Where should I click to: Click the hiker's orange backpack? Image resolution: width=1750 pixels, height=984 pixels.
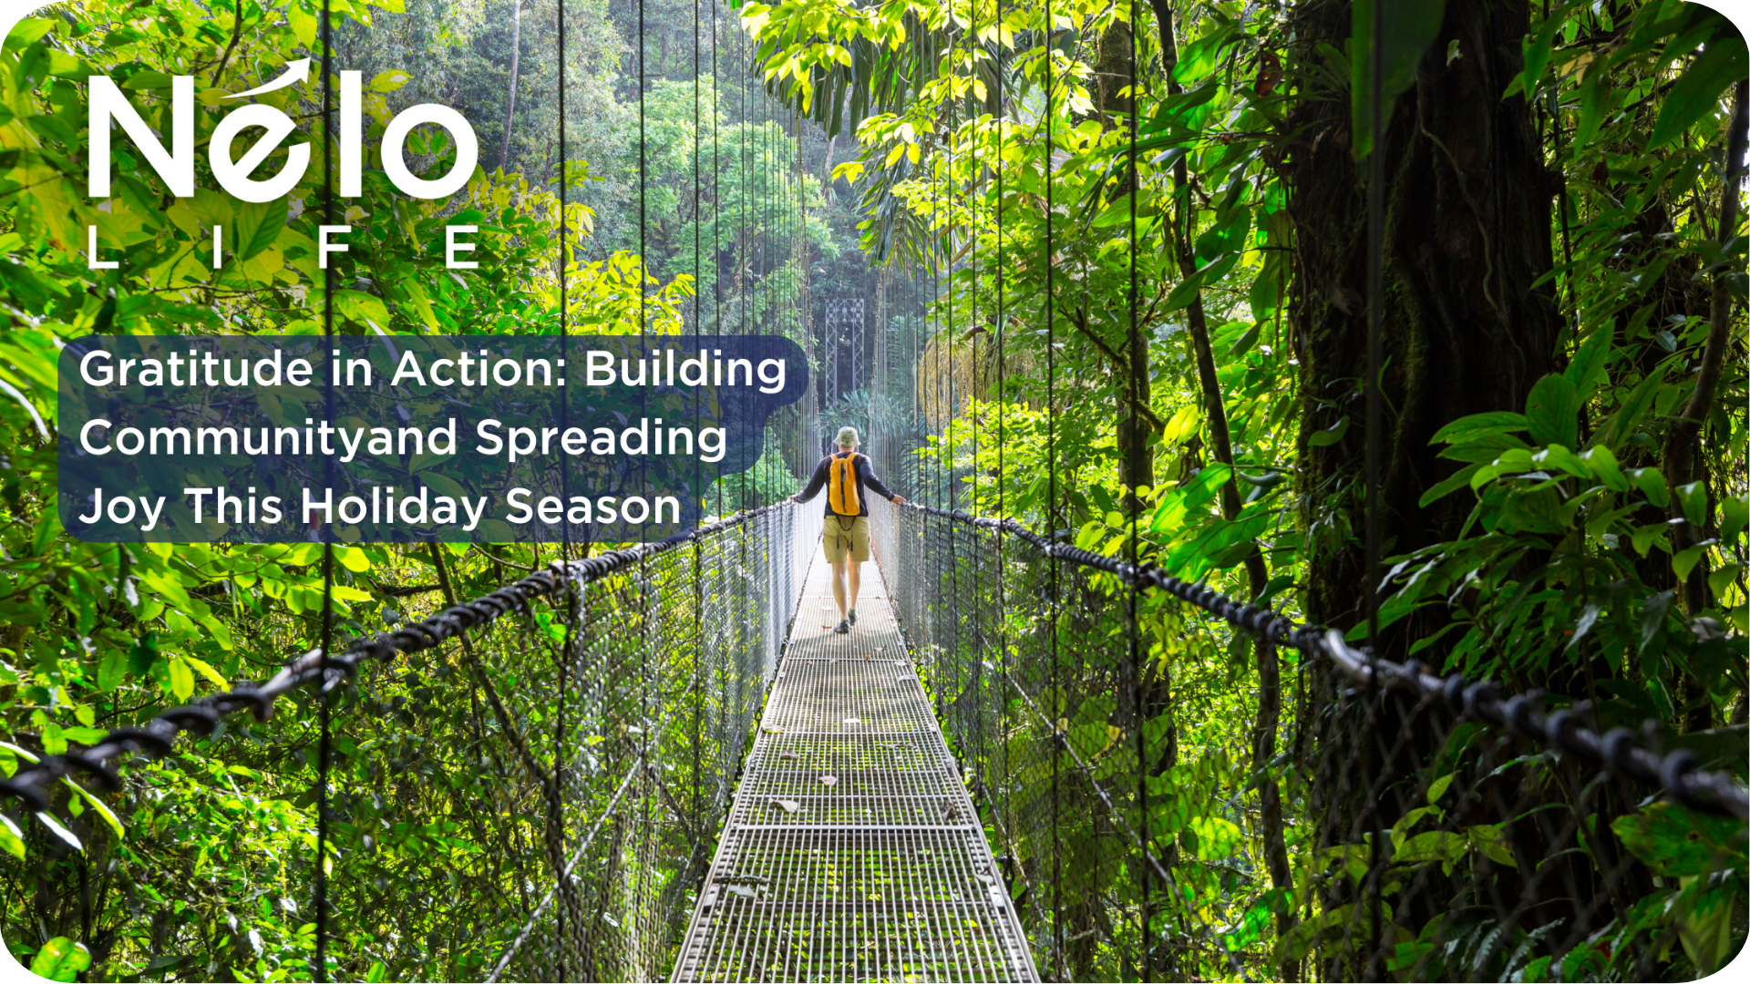(x=844, y=484)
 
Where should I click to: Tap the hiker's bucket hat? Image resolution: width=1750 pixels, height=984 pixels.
(x=847, y=437)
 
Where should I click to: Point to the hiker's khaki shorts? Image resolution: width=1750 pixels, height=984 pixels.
(x=847, y=538)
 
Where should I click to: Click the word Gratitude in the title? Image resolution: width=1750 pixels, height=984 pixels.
(x=197, y=369)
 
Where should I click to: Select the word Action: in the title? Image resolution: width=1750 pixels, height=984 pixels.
(x=480, y=369)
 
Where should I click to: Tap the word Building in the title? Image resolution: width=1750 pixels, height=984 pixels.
(x=685, y=371)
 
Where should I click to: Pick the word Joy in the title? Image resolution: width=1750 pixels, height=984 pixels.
(x=122, y=508)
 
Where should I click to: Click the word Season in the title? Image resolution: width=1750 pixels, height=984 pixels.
(x=593, y=507)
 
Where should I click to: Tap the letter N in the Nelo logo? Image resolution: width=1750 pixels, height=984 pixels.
(x=142, y=137)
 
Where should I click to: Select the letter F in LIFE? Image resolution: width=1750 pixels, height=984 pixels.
(x=335, y=247)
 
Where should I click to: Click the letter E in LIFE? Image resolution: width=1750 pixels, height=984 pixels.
(x=462, y=247)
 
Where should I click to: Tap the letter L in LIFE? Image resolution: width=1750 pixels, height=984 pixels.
(x=102, y=247)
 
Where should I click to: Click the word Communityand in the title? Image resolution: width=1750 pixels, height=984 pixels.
(x=269, y=439)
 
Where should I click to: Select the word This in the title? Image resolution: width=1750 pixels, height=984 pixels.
(x=233, y=507)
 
